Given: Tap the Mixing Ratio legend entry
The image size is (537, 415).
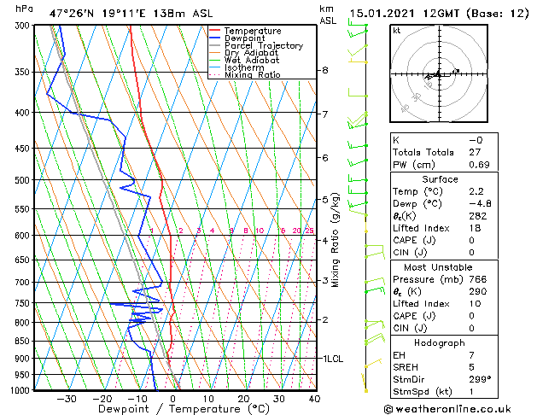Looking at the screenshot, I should [252, 75].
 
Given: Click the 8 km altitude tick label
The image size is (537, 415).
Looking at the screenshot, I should [324, 70].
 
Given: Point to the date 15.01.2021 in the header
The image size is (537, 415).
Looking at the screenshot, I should [382, 15].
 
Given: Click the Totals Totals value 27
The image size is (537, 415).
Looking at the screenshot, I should [475, 152].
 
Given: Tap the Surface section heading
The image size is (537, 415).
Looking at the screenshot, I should [440, 179].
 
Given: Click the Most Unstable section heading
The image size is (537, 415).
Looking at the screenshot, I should [440, 266].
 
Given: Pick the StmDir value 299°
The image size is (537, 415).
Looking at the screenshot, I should [479, 379].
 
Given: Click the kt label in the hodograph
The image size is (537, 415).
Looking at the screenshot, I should [397, 31].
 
